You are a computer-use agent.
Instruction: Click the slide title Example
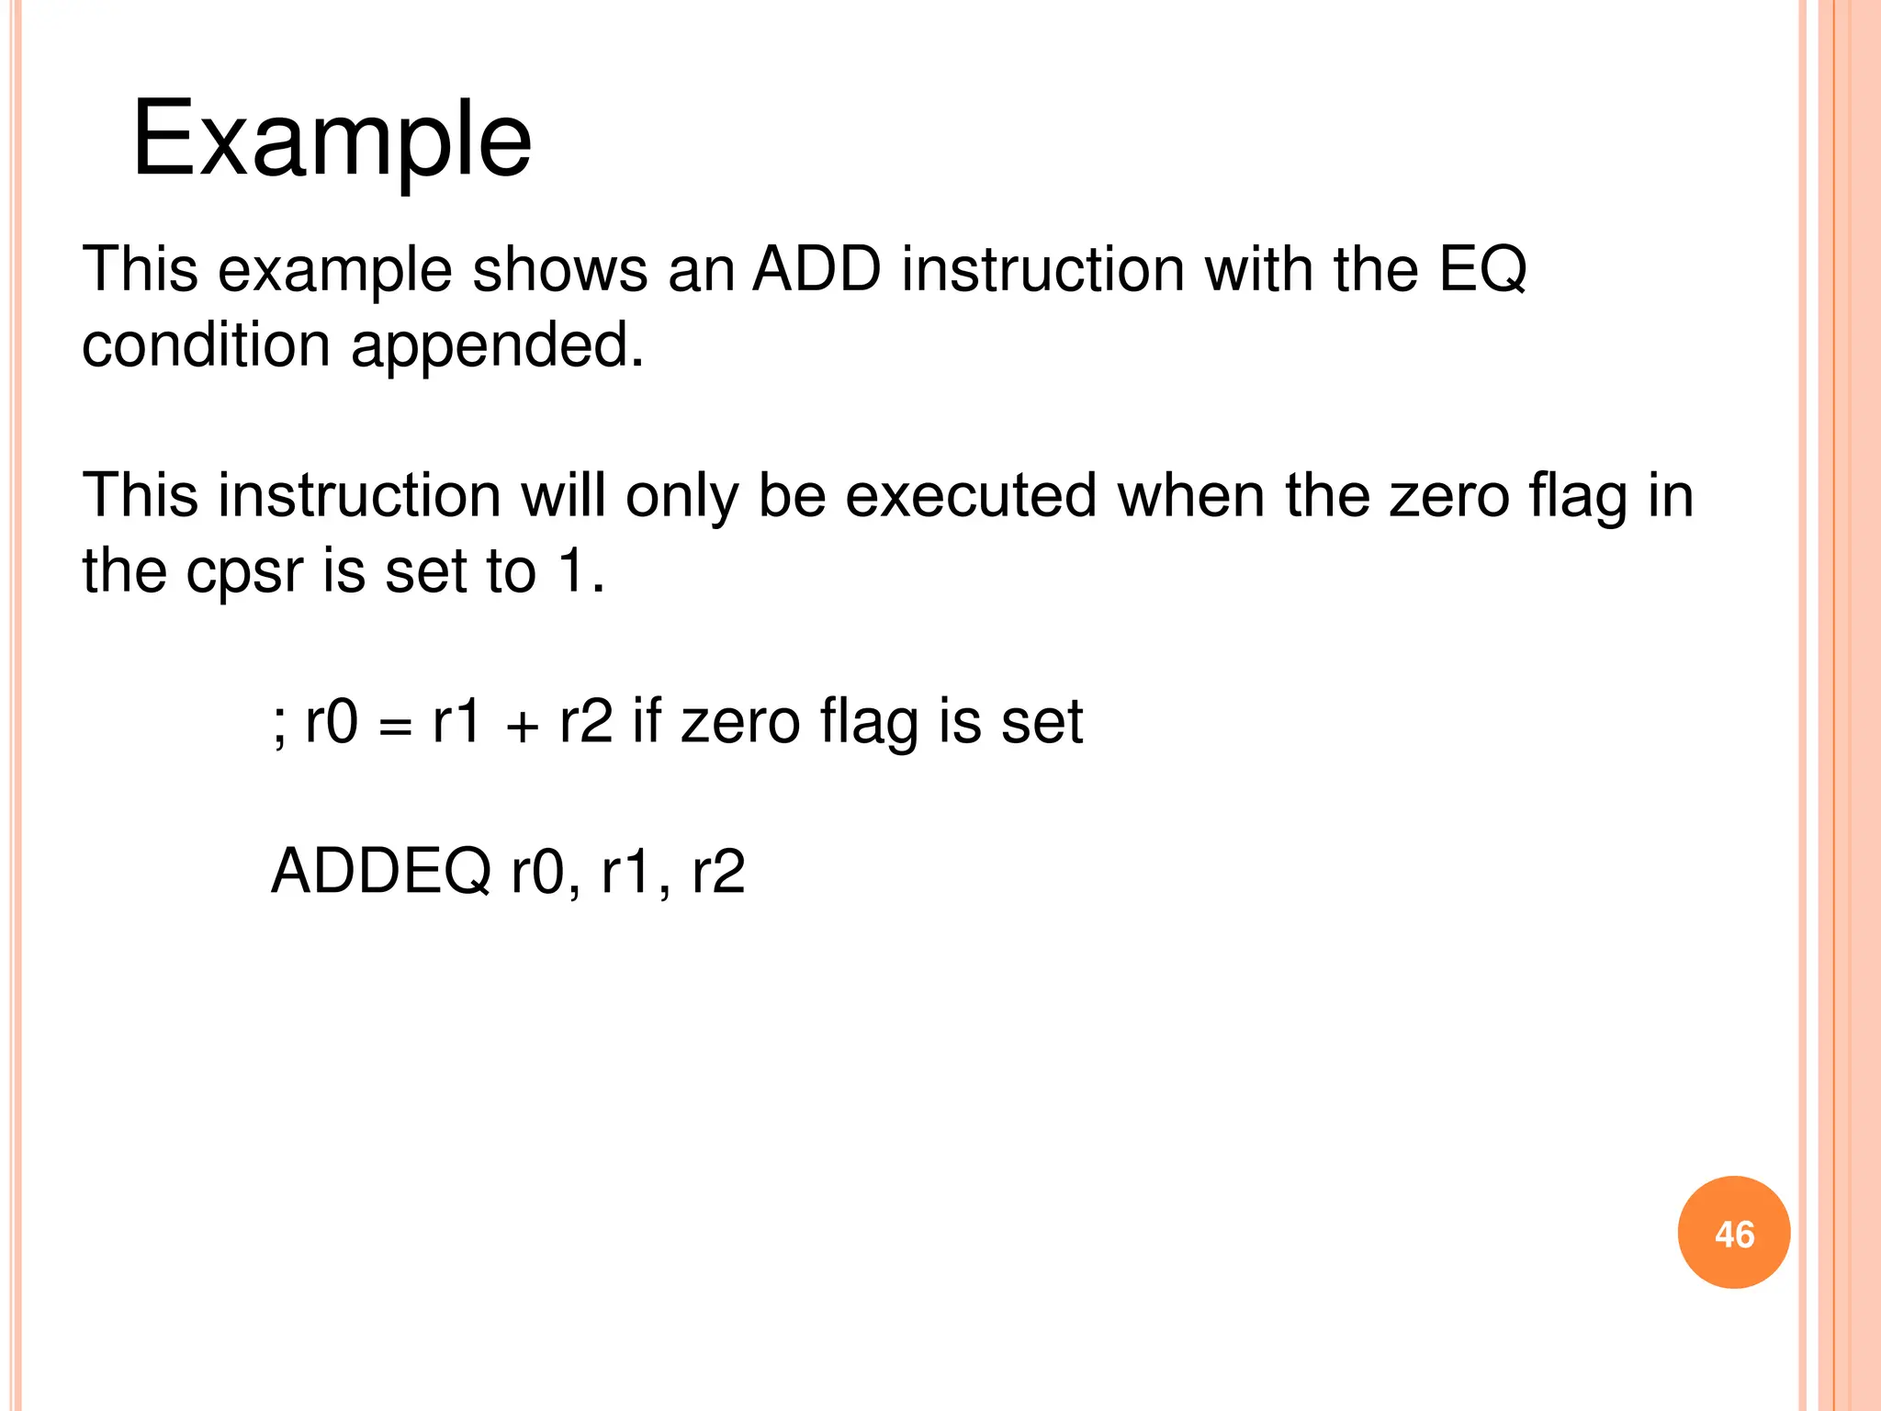[x=332, y=140]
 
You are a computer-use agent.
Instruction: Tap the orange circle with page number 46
[x=1733, y=1233]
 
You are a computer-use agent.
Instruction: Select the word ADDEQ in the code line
[x=381, y=871]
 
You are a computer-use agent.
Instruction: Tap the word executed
[x=971, y=496]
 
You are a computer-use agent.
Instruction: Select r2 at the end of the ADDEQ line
[x=717, y=871]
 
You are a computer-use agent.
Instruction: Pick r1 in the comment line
[x=456, y=722]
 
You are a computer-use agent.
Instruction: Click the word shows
[x=559, y=270]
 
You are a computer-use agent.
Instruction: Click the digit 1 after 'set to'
[x=573, y=571]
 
